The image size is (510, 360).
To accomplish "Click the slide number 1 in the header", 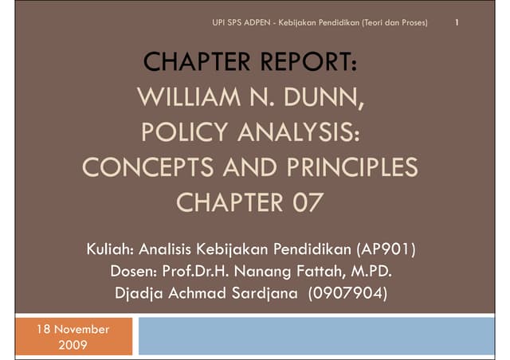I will tap(456, 22).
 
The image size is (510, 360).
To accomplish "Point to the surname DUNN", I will tap(324, 98).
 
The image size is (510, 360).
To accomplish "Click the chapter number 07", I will tap(300, 202).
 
